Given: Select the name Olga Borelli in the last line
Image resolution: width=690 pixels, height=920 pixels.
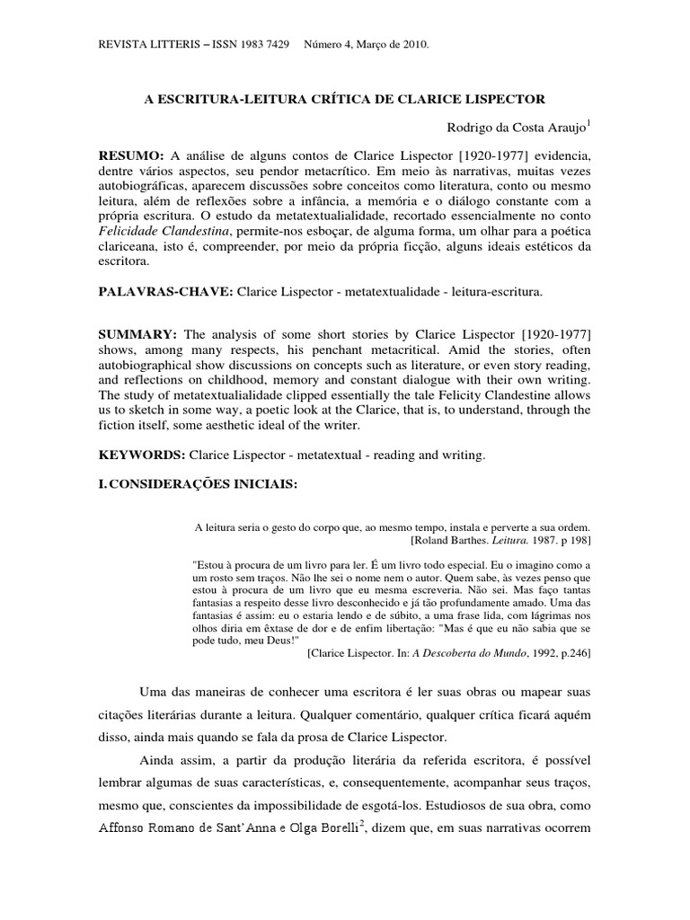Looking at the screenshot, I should pos(314,827).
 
